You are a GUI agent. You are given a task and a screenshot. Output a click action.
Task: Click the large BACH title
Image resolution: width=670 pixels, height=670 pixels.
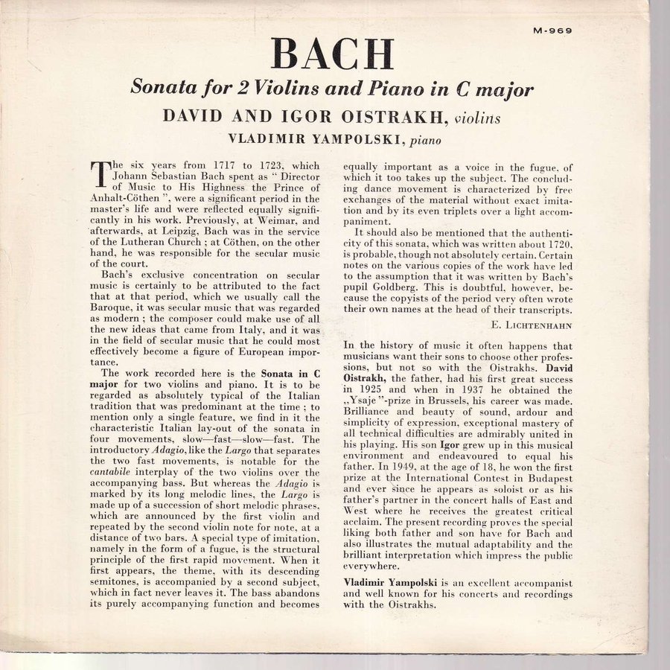[332, 54]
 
